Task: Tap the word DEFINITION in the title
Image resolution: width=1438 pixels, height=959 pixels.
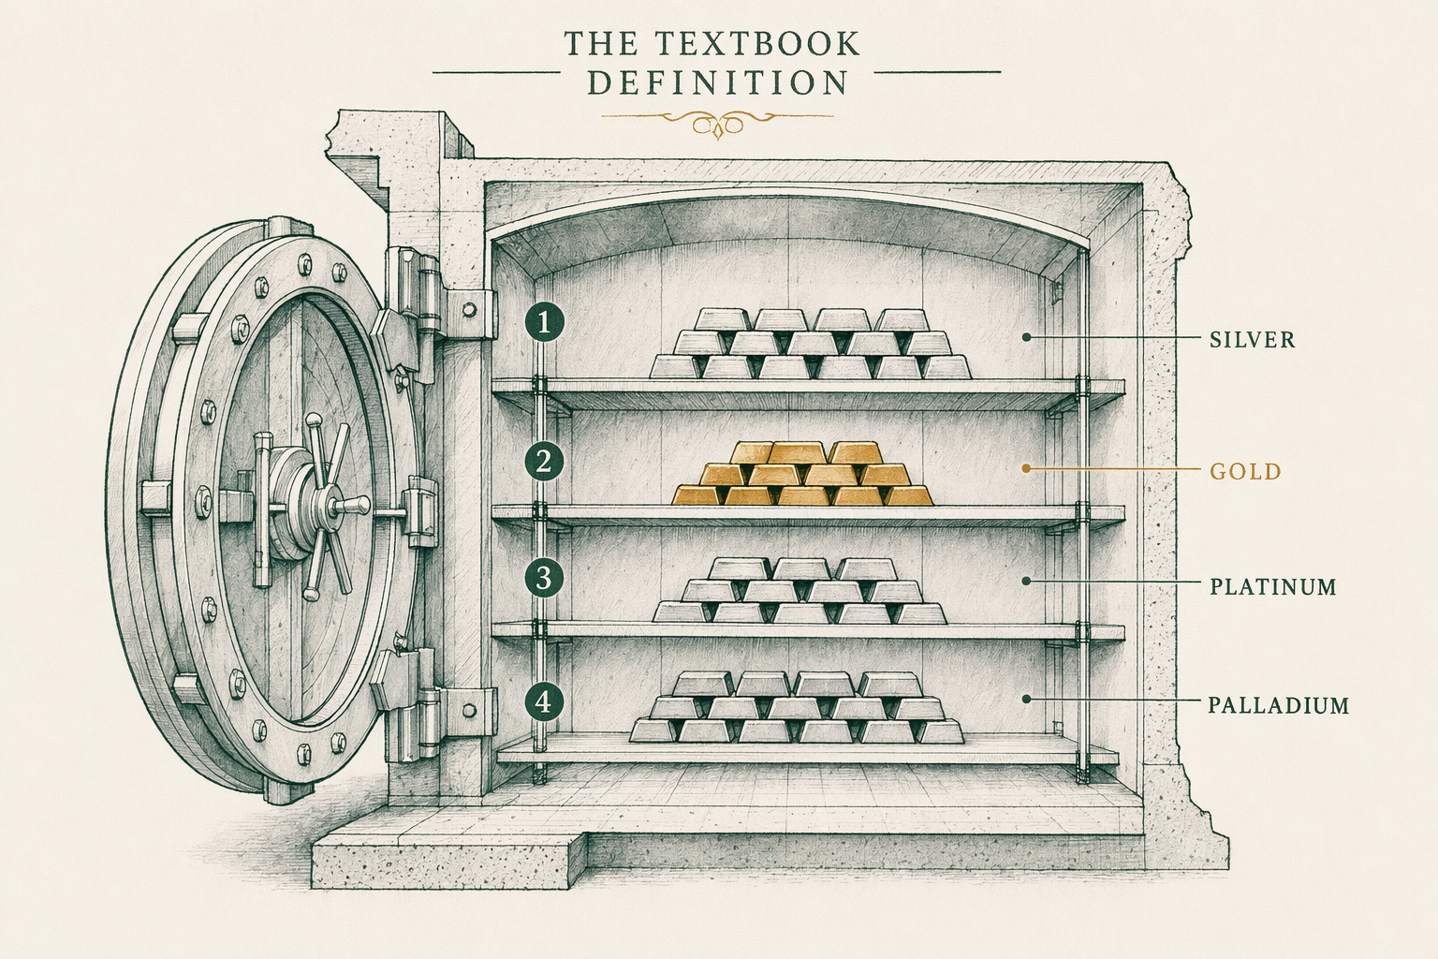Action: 718,83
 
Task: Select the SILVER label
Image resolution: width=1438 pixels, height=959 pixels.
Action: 1253,340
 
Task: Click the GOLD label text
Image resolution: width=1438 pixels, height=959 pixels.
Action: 1245,472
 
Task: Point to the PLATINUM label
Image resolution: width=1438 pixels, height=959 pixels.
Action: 1273,587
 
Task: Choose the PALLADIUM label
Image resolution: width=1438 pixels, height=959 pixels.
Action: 1279,705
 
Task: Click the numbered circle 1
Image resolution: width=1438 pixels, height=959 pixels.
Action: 544,323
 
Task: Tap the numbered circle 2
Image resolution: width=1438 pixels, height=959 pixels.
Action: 544,461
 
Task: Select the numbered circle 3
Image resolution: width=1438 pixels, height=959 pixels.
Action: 544,578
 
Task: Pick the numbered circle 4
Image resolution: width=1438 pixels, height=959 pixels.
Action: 544,701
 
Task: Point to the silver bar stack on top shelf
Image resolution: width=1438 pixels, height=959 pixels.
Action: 811,344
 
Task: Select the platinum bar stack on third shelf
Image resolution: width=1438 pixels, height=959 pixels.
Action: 800,590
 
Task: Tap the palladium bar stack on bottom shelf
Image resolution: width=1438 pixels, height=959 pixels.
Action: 797,707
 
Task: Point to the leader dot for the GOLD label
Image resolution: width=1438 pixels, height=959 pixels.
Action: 1026,469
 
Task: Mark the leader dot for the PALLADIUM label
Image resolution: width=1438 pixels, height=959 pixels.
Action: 1026,699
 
